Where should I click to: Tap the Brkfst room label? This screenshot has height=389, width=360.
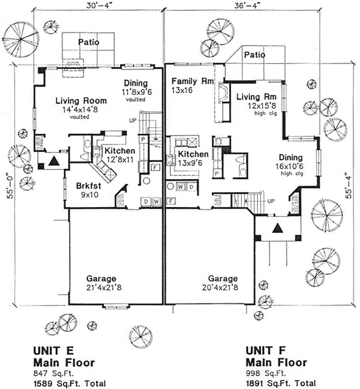click(x=89, y=186)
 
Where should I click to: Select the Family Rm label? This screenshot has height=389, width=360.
click(x=189, y=82)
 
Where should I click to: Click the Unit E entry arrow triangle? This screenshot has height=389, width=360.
click(x=55, y=161)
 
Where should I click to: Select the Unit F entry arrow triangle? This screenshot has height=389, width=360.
click(x=278, y=228)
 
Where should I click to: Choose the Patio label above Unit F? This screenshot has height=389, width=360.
click(x=254, y=55)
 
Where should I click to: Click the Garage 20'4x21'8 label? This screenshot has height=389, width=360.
click(x=223, y=283)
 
